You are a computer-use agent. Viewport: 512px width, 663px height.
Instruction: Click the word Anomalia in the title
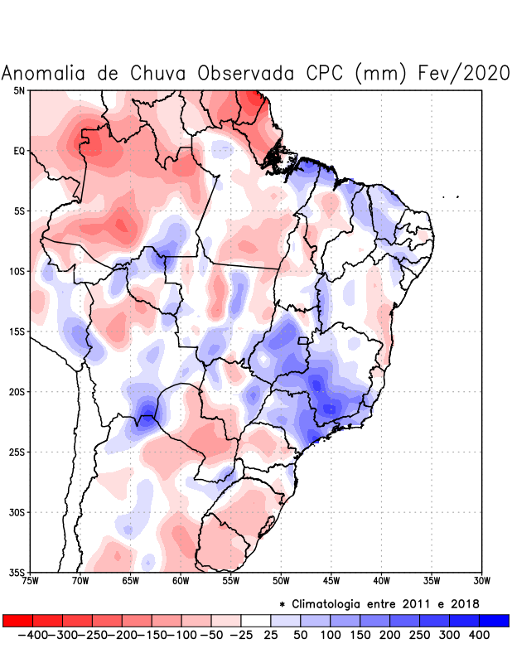tap(42, 73)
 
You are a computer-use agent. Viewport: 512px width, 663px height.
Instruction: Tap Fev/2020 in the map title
tap(466, 73)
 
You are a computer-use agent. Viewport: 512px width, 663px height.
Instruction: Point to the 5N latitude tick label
tap(19, 90)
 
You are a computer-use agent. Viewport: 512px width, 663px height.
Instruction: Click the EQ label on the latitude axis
tap(19, 151)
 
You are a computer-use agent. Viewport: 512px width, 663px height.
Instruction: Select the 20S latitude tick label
tap(17, 392)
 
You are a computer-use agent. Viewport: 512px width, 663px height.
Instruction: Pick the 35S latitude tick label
tap(17, 573)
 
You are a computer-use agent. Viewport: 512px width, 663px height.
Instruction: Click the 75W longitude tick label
tap(31, 581)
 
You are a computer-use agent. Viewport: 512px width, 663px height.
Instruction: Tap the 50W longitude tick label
tap(281, 581)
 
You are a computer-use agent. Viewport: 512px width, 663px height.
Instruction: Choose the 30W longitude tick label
tap(481, 581)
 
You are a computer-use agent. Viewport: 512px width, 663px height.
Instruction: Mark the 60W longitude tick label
tap(181, 581)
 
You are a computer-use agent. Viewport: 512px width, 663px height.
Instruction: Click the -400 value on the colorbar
tap(32, 635)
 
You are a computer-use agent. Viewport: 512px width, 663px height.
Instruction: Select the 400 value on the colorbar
tap(478, 635)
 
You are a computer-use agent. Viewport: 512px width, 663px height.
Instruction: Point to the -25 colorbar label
tap(241, 635)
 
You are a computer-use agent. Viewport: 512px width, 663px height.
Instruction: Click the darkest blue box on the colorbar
tap(494, 621)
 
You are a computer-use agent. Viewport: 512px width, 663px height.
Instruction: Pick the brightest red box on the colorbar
tap(18, 621)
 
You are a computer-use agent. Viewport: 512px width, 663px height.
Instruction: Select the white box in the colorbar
tap(256, 621)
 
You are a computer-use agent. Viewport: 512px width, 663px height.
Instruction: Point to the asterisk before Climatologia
tap(282, 604)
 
